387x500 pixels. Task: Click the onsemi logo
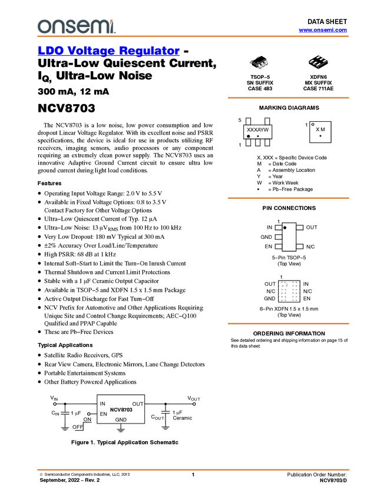[76, 26]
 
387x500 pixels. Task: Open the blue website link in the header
[323, 30]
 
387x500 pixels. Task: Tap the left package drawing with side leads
[259, 62]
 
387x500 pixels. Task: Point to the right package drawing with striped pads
[318, 61]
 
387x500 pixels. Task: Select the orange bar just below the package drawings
[288, 98]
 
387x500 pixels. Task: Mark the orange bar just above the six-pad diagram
[288, 198]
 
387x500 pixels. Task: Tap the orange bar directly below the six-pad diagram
[288, 324]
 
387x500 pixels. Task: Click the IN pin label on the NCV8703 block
[102, 404]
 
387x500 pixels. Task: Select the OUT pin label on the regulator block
[138, 404]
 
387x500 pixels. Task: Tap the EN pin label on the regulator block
[103, 414]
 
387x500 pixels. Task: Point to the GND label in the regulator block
[121, 420]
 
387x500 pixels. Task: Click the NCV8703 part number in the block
[121, 409]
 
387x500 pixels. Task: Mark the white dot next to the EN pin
[88, 414]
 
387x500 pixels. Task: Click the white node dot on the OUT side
[194, 404]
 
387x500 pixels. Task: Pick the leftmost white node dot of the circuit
[55, 404]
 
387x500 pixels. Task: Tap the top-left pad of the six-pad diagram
[282, 284]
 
